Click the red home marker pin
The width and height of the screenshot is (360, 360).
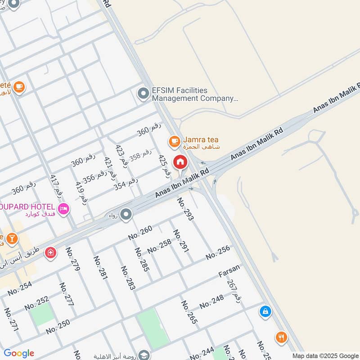click(x=180, y=162)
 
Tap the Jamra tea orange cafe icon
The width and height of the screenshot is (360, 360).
click(x=174, y=142)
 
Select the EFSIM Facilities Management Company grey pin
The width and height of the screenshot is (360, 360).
click(x=144, y=94)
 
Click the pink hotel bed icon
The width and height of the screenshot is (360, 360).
click(x=63, y=208)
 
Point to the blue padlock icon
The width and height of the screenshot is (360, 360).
click(x=265, y=311)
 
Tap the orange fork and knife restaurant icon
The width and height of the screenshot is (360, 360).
click(x=281, y=337)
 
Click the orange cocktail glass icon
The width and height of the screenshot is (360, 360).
click(x=12, y=238)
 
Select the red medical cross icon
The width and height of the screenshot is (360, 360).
click(x=50, y=253)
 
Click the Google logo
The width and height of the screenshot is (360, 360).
click(x=19, y=353)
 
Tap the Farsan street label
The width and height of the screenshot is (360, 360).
click(x=229, y=270)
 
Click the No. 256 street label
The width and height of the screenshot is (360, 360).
click(x=218, y=252)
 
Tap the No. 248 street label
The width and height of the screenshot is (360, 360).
click(x=211, y=301)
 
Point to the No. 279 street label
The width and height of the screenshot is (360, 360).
click(x=72, y=259)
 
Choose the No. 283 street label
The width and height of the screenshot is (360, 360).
click(x=128, y=278)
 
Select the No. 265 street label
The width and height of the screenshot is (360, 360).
click(x=189, y=312)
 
